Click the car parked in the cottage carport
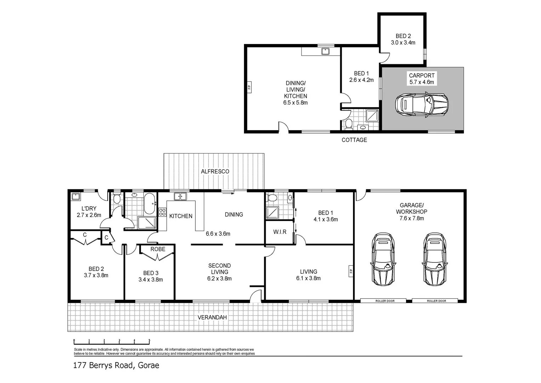(x=422, y=105)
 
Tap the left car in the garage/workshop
(x=383, y=259)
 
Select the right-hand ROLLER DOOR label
(x=437, y=301)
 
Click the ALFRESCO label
(x=215, y=171)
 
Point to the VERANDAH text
(x=212, y=317)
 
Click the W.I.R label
(x=280, y=232)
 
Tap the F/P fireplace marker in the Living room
(x=351, y=271)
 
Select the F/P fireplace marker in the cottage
(x=249, y=87)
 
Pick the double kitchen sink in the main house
(x=180, y=196)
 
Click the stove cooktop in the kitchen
(x=162, y=212)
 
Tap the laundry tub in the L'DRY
(x=76, y=196)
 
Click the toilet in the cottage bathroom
(x=348, y=124)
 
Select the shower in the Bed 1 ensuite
(x=272, y=213)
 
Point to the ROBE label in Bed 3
(x=158, y=249)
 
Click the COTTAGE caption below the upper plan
(x=354, y=140)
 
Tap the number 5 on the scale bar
(x=149, y=340)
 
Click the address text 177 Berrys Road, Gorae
(x=116, y=365)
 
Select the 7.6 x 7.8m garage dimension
(x=411, y=218)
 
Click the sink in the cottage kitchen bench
(x=325, y=51)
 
